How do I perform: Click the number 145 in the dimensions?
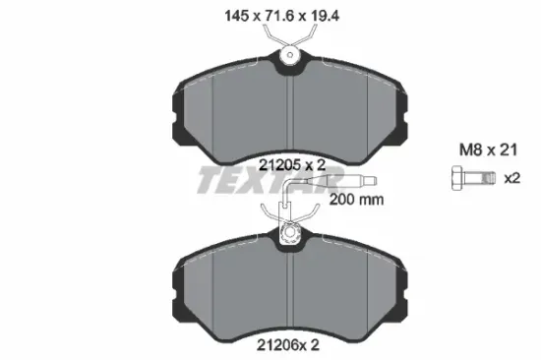tap(236, 16)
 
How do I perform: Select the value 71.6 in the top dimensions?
tap(278, 16)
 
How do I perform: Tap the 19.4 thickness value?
tap(325, 16)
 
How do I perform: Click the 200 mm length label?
tap(356, 200)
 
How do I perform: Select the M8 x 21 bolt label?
tap(488, 150)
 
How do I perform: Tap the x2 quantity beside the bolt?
tap(512, 178)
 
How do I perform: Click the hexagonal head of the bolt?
tap(457, 178)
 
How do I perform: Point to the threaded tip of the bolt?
tap(489, 178)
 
